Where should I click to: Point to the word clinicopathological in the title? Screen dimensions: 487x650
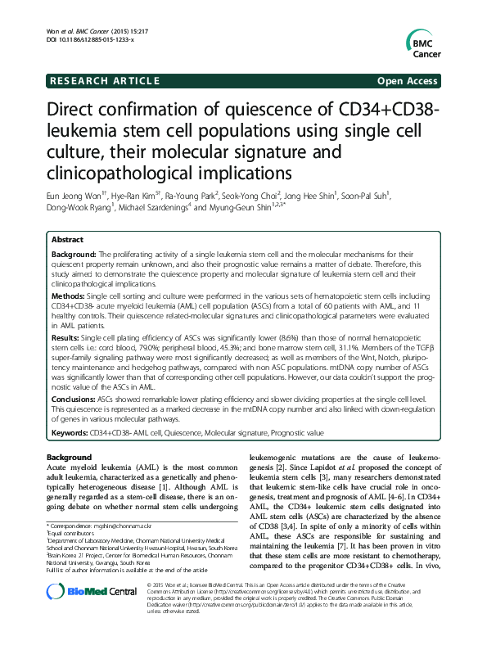tap(131, 173)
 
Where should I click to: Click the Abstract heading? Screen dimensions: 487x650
tap(67, 240)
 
